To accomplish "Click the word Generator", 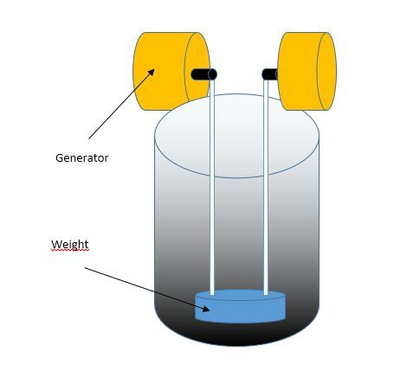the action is (x=82, y=158).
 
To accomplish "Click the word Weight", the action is (x=70, y=245).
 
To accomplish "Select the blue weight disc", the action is (x=240, y=306).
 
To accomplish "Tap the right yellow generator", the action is (x=307, y=71).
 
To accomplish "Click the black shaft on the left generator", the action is (x=203, y=74).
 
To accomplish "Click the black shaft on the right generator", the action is (x=269, y=74).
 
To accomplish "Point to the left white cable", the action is (x=212, y=188).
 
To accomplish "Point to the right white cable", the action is (x=266, y=188).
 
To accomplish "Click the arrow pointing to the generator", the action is (x=121, y=104).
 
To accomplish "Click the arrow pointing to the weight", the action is (x=147, y=289).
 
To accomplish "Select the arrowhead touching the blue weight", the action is (x=206, y=309).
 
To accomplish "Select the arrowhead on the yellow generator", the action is (x=152, y=73).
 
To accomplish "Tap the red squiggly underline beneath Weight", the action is (x=70, y=250).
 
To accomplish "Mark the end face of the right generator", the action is (x=326, y=71).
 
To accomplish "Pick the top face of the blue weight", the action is (x=240, y=295).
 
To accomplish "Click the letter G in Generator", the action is (x=59, y=158).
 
